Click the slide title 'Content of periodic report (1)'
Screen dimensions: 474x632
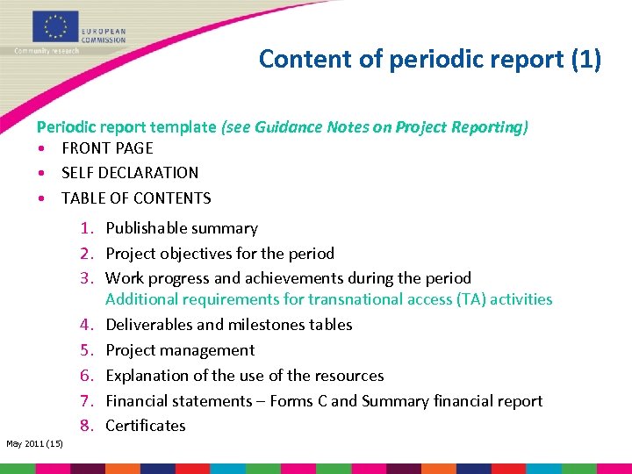[x=430, y=59]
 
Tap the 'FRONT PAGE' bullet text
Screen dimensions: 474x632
[x=107, y=148]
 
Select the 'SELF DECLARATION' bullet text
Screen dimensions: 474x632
[x=130, y=173]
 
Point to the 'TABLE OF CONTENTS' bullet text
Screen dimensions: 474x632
[x=136, y=198]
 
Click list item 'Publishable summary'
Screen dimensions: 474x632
[x=182, y=228]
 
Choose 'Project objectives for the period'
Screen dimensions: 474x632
[x=219, y=254]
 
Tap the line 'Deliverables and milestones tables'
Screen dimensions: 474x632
[x=228, y=325]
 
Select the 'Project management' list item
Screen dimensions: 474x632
[x=180, y=350]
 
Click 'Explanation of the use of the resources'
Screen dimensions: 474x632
[x=245, y=376]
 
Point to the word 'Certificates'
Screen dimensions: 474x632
[x=146, y=426]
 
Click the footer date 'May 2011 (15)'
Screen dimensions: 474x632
[x=34, y=444]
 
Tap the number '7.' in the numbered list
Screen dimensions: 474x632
[x=87, y=401]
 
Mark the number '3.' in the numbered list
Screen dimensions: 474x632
[x=87, y=278]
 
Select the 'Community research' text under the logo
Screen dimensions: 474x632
[x=47, y=51]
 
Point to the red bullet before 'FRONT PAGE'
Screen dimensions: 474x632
[x=41, y=148]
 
